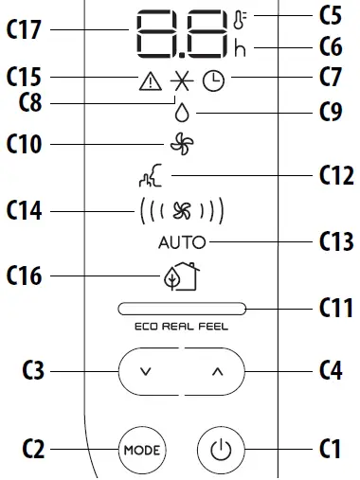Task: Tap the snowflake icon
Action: coord(180,82)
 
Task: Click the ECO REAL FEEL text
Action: coord(180,327)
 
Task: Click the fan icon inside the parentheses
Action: coord(180,209)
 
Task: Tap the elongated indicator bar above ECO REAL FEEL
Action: coord(180,309)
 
